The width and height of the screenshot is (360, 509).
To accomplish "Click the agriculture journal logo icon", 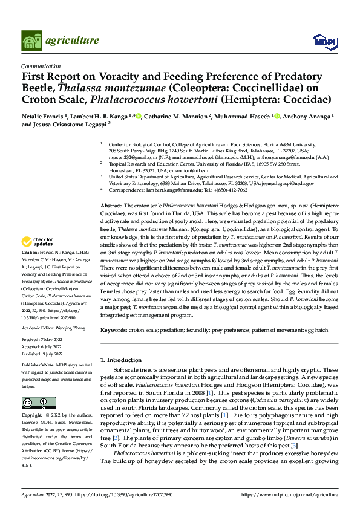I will [32, 41].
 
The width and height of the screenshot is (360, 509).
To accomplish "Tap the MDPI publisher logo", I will [321, 41].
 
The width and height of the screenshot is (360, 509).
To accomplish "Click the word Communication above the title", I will [41, 66].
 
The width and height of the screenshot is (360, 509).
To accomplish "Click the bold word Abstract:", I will [111, 206].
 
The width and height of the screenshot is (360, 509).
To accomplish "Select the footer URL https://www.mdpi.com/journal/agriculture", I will [289, 494].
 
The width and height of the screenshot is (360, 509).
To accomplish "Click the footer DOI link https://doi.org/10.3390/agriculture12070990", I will [123, 494].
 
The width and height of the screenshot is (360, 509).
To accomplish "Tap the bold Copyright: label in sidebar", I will [33, 416].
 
